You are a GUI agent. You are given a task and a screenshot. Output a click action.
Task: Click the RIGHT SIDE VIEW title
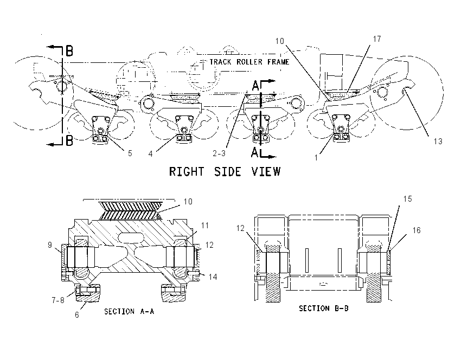225,171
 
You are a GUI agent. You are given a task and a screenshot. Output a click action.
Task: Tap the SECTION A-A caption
129,311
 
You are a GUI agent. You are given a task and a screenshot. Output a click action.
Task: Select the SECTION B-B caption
324,308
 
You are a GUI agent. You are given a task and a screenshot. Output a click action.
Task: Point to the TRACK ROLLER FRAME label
249,62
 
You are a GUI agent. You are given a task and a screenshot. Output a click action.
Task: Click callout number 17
377,39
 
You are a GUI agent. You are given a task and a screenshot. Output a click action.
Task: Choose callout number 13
438,142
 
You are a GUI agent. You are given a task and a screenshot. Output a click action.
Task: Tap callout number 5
130,153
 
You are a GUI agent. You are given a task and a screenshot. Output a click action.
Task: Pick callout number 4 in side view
151,153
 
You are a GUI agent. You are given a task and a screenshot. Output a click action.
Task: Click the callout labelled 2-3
219,153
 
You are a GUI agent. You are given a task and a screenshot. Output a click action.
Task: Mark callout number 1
316,158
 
